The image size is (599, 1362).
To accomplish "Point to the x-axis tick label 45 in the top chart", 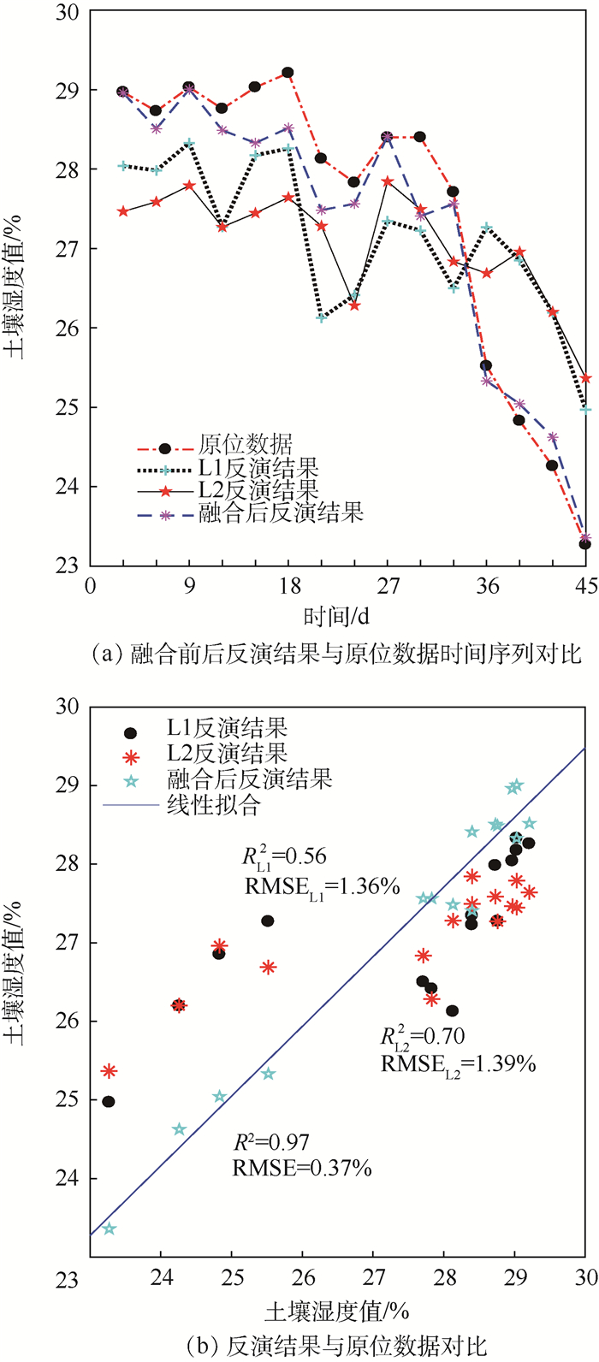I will point(585,586).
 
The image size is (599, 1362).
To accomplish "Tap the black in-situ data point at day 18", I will point(288,73).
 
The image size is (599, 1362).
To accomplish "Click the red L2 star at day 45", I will point(586,378).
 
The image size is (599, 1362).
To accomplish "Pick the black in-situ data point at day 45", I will point(585,544).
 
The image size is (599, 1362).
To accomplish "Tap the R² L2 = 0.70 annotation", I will point(423,1037).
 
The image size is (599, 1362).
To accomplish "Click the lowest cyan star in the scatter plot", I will point(109,1229).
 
